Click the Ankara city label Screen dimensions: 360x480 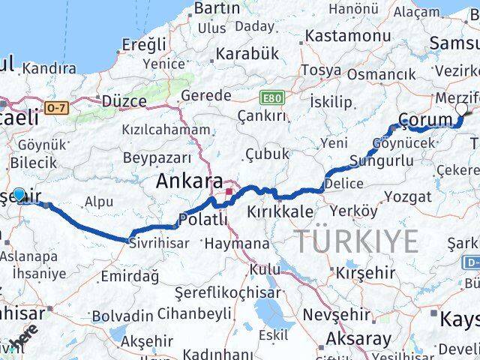(x=189, y=182)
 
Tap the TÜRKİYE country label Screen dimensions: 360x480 (x=355, y=241)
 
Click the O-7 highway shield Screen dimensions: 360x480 (x=55, y=108)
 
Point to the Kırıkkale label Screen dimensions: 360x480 (x=281, y=212)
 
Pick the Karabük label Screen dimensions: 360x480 (x=247, y=54)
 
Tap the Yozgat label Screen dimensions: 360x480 (x=408, y=197)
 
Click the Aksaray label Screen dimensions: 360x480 (x=358, y=338)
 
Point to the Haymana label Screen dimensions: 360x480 (x=237, y=244)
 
